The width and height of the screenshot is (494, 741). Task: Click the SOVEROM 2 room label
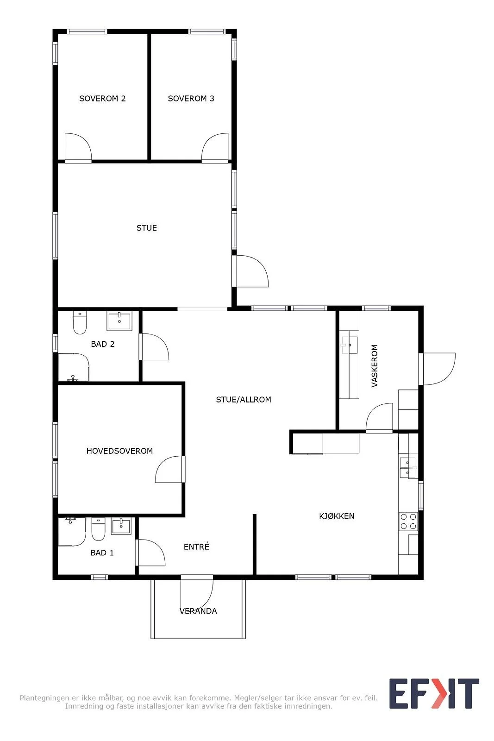pos(102,98)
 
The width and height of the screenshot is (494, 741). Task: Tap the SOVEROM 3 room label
pos(191,98)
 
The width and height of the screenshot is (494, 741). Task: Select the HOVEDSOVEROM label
pos(119,451)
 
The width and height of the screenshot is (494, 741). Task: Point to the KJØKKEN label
pos(337,516)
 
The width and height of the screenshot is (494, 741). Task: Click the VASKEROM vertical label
pos(374,365)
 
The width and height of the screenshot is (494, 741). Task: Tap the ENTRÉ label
pos(196,546)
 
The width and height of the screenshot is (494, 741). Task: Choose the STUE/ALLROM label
pos(244,400)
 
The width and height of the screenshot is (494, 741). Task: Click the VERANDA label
pos(198,611)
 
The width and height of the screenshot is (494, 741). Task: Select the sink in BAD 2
pos(119,320)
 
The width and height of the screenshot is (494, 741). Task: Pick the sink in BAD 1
pos(121,526)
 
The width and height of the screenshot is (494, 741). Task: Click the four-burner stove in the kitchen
pos(408,521)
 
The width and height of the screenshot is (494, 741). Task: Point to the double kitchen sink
pos(409,468)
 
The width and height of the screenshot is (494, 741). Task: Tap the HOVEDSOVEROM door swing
pos(169,469)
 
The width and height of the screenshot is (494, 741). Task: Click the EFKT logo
pos(434,694)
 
